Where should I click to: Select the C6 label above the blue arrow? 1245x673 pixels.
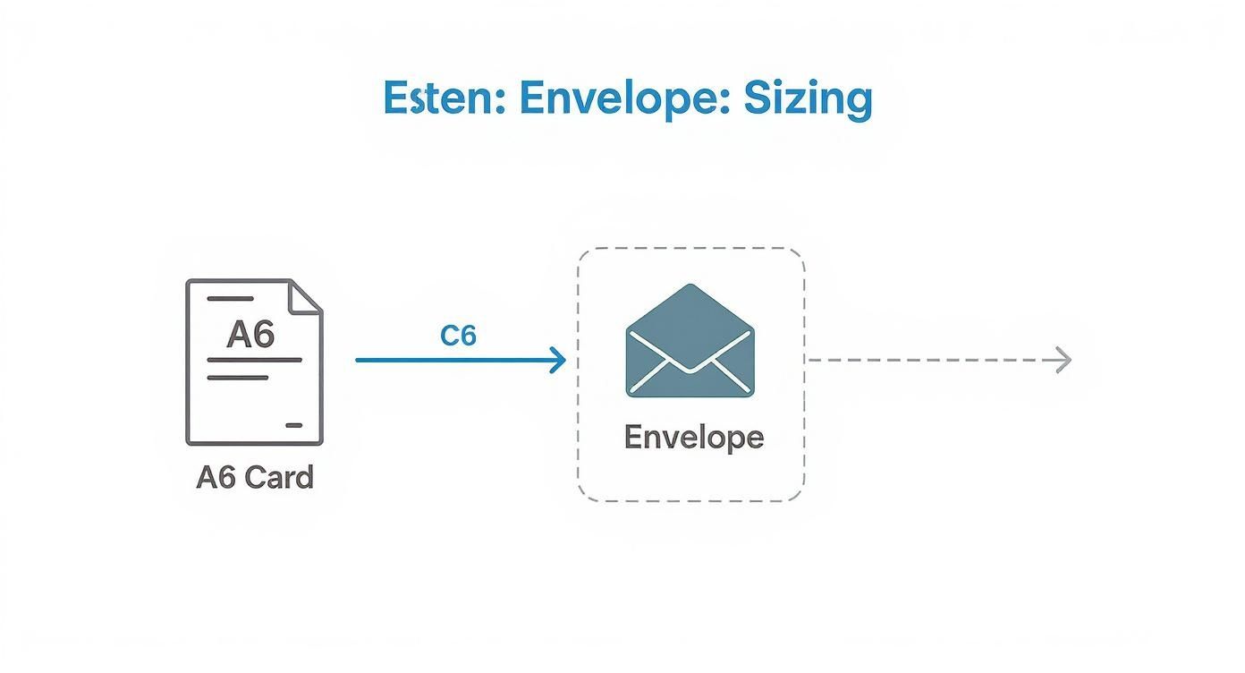(458, 336)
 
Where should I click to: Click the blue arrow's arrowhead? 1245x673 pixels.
(559, 361)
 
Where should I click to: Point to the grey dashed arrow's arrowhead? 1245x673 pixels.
(1063, 361)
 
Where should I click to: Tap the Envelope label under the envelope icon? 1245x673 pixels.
(693, 438)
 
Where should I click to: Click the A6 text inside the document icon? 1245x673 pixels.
(250, 334)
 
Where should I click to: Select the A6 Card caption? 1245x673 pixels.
(255, 477)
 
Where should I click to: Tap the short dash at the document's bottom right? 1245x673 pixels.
(293, 425)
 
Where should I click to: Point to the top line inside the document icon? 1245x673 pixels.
(230, 299)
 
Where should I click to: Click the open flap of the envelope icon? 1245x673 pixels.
(690, 309)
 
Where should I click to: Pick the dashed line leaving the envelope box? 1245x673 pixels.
(930, 361)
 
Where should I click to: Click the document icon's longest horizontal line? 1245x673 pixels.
(254, 360)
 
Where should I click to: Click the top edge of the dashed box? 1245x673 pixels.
(690, 249)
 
